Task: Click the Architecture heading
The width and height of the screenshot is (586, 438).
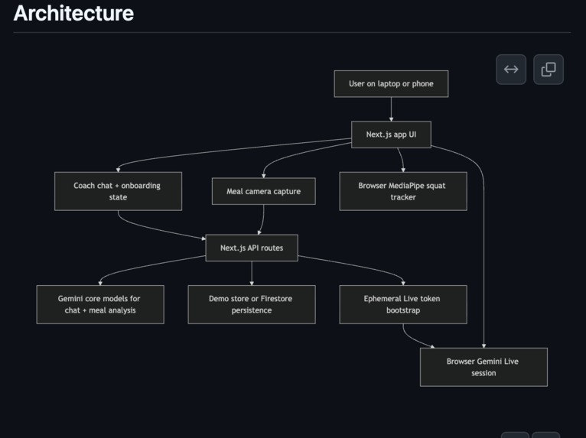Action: (73, 14)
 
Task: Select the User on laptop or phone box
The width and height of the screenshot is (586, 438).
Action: (391, 83)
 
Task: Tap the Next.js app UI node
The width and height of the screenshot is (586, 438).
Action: (391, 135)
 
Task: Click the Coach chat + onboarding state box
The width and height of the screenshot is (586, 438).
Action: (118, 191)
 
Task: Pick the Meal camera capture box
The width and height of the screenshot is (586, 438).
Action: (263, 191)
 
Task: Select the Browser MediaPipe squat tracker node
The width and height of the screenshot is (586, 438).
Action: (403, 191)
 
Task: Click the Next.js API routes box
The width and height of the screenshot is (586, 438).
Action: (252, 248)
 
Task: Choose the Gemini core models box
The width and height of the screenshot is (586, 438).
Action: (100, 304)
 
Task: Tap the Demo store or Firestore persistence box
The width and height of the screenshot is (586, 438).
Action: (252, 304)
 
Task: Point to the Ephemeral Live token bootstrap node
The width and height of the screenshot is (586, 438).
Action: (403, 304)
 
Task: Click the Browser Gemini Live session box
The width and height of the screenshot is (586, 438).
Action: (483, 367)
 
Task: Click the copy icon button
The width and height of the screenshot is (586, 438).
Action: (549, 70)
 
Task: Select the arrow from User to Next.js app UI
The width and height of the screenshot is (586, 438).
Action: (391, 109)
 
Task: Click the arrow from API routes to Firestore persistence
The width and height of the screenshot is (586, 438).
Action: (252, 274)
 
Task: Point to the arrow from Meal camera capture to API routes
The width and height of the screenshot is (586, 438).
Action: (262, 220)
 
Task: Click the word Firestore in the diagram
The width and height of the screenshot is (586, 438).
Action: (277, 299)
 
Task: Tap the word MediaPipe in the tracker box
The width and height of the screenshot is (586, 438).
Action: (406, 186)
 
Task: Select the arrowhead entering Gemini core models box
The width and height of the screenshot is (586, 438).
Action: (100, 283)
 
